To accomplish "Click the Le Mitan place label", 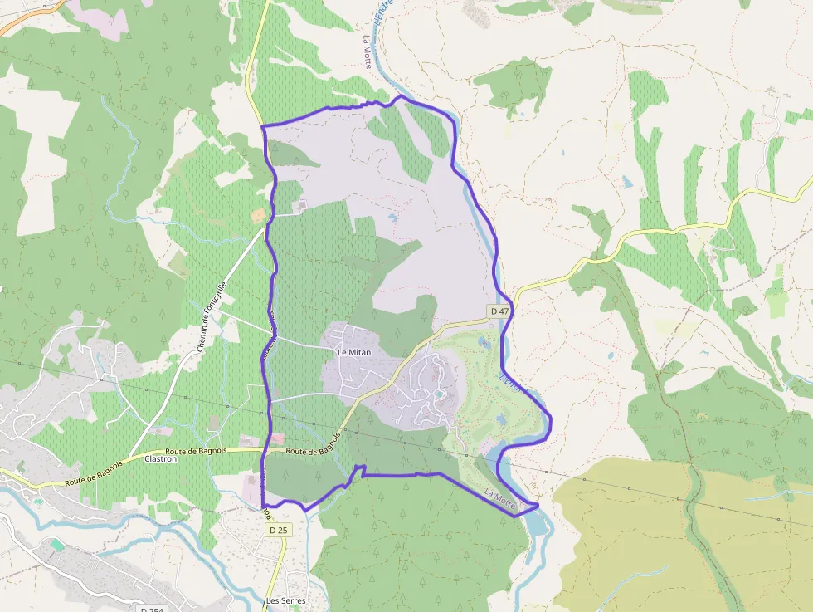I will pyautogui.click(x=353, y=352).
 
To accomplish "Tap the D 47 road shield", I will pyautogui.click(x=499, y=311).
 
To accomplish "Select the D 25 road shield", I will pyautogui.click(x=277, y=530).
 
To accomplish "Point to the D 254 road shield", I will pyautogui.click(x=151, y=609).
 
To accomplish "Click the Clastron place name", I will pyautogui.click(x=161, y=458).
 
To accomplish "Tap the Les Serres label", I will pyautogui.click(x=286, y=600).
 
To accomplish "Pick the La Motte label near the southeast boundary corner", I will pyautogui.click(x=500, y=498).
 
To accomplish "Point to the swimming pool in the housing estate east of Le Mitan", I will pyautogui.click(x=437, y=394).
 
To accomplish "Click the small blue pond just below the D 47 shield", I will pyautogui.click(x=484, y=340).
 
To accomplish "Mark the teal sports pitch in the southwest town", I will pyautogui.click(x=56, y=544).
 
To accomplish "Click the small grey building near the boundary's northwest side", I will pyautogui.click(x=300, y=204).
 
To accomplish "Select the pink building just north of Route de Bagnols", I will pyautogui.click(x=277, y=438).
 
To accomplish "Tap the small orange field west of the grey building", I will pyautogui.click(x=258, y=214).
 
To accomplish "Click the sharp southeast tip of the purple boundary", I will pyautogui.click(x=538, y=504).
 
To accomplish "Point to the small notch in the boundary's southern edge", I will pyautogui.click(x=360, y=471).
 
